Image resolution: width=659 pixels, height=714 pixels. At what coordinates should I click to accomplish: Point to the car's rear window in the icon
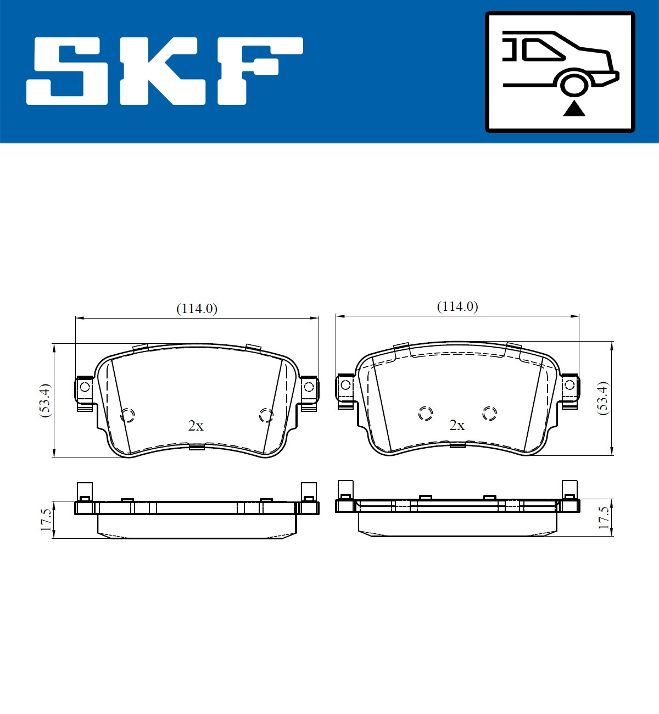(541, 50)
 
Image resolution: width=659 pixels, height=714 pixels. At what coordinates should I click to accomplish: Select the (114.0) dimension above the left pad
(197, 309)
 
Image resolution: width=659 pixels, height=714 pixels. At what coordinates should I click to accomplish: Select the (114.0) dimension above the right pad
(457, 306)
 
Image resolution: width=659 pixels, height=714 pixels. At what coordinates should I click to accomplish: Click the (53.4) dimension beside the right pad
(603, 397)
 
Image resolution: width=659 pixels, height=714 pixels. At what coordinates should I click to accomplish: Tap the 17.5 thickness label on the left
(46, 519)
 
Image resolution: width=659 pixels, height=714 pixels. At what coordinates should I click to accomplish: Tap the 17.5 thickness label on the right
(604, 517)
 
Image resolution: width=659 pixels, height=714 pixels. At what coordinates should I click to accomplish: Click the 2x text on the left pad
(196, 426)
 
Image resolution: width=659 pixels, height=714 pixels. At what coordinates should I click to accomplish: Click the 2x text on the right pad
(457, 425)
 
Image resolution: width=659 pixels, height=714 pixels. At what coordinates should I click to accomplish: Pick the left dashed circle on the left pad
(127, 415)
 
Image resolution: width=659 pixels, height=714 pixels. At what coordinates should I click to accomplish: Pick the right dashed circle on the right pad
(489, 413)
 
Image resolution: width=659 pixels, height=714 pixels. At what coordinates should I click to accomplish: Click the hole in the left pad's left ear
(85, 387)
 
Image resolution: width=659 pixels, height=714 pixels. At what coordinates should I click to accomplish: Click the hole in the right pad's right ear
(569, 384)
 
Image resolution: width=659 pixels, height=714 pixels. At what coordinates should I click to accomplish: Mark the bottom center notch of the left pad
(197, 447)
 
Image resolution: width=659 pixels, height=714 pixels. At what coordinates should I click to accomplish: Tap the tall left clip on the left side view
(84, 490)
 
